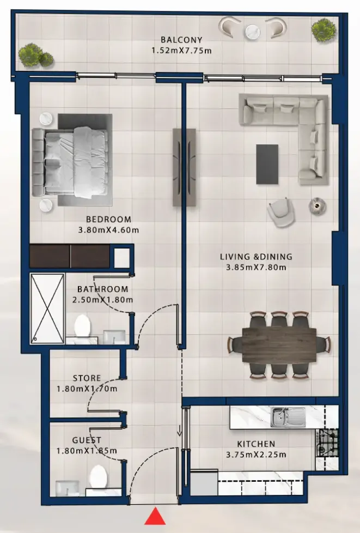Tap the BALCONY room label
[181, 40]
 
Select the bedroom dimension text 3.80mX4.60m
[109, 230]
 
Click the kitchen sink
[288, 417]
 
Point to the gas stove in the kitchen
[327, 443]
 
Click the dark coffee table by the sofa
[267, 164]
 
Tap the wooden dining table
[279, 345]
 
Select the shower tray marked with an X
[47, 308]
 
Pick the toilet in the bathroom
[82, 326]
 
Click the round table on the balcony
[253, 32]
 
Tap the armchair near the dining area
[281, 213]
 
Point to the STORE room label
[87, 378]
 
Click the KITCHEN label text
[256, 444]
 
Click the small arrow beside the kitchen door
[179, 430]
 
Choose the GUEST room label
[87, 440]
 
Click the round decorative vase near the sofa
[318, 205]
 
